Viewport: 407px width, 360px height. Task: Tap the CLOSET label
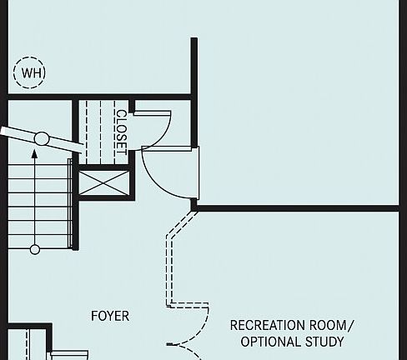[121, 132]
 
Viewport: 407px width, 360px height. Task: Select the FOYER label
[110, 316]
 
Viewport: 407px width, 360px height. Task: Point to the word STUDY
[324, 342]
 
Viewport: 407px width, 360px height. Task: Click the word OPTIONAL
[271, 342]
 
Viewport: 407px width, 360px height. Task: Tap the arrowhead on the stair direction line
[34, 154]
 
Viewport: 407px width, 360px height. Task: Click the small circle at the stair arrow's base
[35, 249]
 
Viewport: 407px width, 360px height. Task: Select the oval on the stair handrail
[42, 138]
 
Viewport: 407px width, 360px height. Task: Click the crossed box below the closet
[104, 183]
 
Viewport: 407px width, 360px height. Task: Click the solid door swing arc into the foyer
[156, 183]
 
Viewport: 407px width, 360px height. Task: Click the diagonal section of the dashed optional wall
[182, 224]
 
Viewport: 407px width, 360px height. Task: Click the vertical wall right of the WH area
[194, 92]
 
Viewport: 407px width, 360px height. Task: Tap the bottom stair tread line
[38, 248]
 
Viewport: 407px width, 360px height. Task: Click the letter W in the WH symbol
[26, 72]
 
